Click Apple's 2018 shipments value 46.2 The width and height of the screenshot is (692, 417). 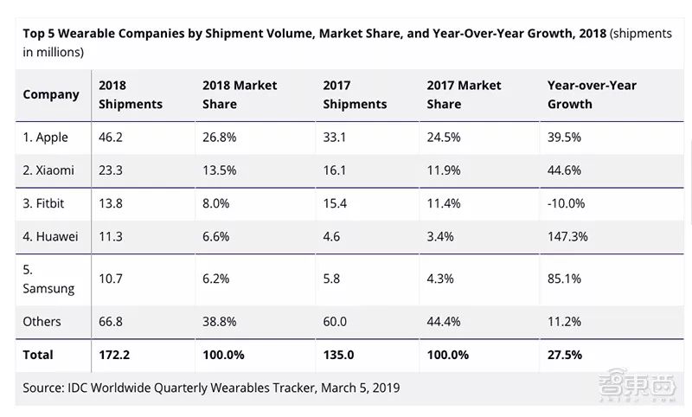tap(111, 138)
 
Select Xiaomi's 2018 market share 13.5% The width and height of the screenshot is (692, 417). tap(221, 170)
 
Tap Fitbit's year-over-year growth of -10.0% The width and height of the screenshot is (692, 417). tap(567, 203)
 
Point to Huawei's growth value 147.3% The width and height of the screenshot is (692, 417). tap(569, 236)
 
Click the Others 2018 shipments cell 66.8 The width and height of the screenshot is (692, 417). tap(111, 322)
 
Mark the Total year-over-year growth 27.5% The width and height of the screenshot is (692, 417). tap(565, 355)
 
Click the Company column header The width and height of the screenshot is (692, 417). tap(51, 94)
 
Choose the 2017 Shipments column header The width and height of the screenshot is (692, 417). tap(355, 94)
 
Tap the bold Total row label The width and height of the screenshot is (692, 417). tap(38, 355)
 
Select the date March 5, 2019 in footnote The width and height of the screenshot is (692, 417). tap(357, 388)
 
